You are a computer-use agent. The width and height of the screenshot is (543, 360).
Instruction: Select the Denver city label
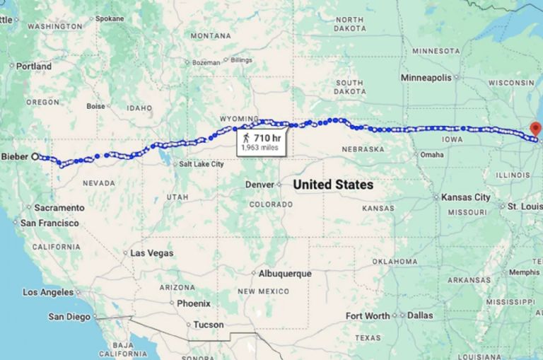pos(258,185)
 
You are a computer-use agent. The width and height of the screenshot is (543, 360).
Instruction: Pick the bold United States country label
pos(333,185)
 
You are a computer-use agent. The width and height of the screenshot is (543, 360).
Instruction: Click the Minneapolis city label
pos(426,76)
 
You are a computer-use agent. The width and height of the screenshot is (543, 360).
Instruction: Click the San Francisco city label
pos(49,223)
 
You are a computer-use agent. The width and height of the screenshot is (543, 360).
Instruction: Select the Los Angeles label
pos(47,291)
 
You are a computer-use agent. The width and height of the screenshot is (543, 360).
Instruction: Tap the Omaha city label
pos(431,154)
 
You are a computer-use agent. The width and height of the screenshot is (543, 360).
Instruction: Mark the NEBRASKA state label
pos(362,149)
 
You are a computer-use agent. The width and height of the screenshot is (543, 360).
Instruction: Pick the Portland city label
pos(33,66)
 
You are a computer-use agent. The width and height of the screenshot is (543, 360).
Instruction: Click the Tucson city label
pos(209,325)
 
